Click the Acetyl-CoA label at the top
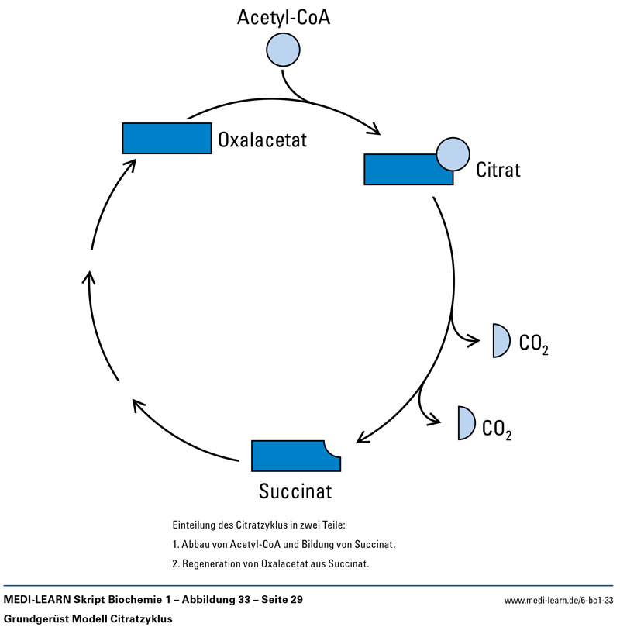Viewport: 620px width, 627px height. (284, 17)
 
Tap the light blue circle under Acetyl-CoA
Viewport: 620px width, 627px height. (284, 50)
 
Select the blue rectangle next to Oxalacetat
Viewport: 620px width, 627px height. (167, 138)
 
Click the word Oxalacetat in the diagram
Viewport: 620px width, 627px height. (263, 140)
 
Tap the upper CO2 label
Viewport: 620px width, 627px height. (534, 343)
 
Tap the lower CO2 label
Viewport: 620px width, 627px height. (497, 429)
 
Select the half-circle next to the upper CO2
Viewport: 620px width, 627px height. (501, 340)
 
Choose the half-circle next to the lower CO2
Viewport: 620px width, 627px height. (465, 423)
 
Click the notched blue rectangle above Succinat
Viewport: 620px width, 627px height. (294, 456)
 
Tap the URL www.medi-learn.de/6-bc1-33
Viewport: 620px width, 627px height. (558, 601)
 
